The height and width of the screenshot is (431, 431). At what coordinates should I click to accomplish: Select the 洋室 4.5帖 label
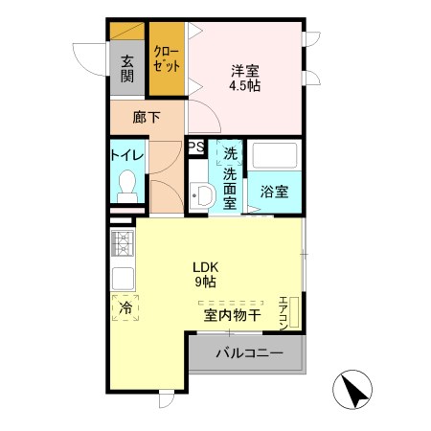(x=246, y=77)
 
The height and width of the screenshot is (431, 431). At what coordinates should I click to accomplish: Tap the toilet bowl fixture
(x=126, y=184)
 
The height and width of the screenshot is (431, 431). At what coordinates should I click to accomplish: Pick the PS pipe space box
(x=195, y=147)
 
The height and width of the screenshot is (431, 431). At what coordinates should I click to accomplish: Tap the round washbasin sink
(x=202, y=197)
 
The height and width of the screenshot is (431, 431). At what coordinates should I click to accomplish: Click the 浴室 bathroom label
(x=276, y=190)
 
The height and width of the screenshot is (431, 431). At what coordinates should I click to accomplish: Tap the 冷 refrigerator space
(x=125, y=308)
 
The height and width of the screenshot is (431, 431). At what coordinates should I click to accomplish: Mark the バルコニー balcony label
(x=249, y=353)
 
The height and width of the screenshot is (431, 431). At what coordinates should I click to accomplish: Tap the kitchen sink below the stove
(x=123, y=277)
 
